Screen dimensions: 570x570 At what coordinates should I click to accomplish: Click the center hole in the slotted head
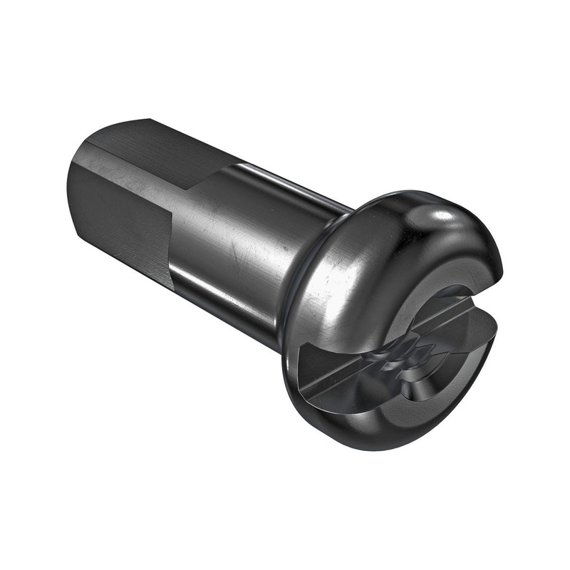click(x=403, y=356)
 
